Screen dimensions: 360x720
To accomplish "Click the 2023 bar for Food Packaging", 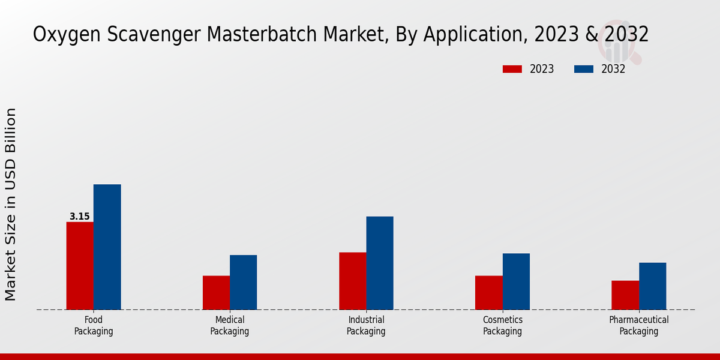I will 80,266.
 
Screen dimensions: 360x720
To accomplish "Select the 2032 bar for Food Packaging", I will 107,247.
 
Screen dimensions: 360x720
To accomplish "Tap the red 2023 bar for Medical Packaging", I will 216,293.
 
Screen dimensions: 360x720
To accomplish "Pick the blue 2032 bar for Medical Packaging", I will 243,282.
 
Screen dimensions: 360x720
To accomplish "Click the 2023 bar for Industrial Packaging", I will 352,281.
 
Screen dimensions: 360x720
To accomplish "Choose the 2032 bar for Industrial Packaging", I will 380,263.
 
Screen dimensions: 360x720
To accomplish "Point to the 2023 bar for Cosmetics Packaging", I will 488,293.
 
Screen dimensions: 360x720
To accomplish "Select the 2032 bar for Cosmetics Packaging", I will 516,281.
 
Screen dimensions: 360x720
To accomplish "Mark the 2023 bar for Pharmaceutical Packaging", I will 625,295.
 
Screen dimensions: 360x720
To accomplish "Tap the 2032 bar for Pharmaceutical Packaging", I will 652,286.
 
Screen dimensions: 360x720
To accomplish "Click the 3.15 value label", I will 80,217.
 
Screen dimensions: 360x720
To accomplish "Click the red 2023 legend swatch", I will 512,69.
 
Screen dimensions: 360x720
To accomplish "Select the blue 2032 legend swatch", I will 584,69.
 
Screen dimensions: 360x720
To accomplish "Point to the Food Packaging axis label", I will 94,325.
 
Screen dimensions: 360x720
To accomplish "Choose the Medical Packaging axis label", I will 230,325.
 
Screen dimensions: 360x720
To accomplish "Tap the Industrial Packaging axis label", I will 366,325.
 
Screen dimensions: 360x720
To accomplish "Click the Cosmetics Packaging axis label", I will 503,325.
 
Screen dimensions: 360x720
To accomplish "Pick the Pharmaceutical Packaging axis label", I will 639,325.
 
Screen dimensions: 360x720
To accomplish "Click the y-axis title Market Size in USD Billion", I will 11,204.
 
